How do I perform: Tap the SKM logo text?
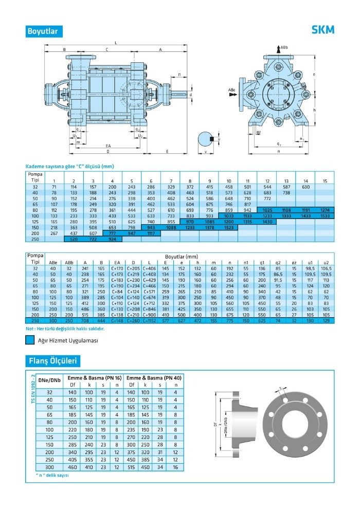322,30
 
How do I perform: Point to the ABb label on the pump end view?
284,47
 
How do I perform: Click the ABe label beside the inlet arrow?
231,89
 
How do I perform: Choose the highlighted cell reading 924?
113,240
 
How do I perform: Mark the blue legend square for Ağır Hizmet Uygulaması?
30,340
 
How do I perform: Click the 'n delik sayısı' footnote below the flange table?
52,475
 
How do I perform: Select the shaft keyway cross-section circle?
206,138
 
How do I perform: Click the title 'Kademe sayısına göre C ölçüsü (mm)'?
69,166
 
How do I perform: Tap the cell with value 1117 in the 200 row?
151,233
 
